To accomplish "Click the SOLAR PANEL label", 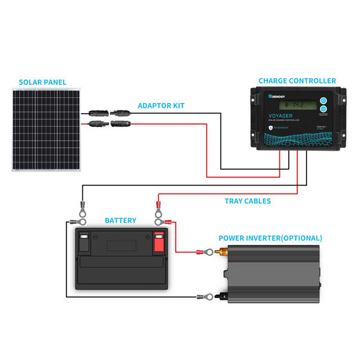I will [42, 82].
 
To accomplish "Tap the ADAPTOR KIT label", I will [161, 105].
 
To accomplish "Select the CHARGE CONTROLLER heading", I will [297, 81].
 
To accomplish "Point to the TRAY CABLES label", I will [247, 201].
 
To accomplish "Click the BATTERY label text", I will [120, 220].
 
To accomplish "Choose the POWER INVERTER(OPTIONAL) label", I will [270, 238].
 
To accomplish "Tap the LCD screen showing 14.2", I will [294, 105].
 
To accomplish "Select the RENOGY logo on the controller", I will [277, 96].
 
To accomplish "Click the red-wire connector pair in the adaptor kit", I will [109, 122].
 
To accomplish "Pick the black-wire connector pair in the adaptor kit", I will [109, 112].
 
